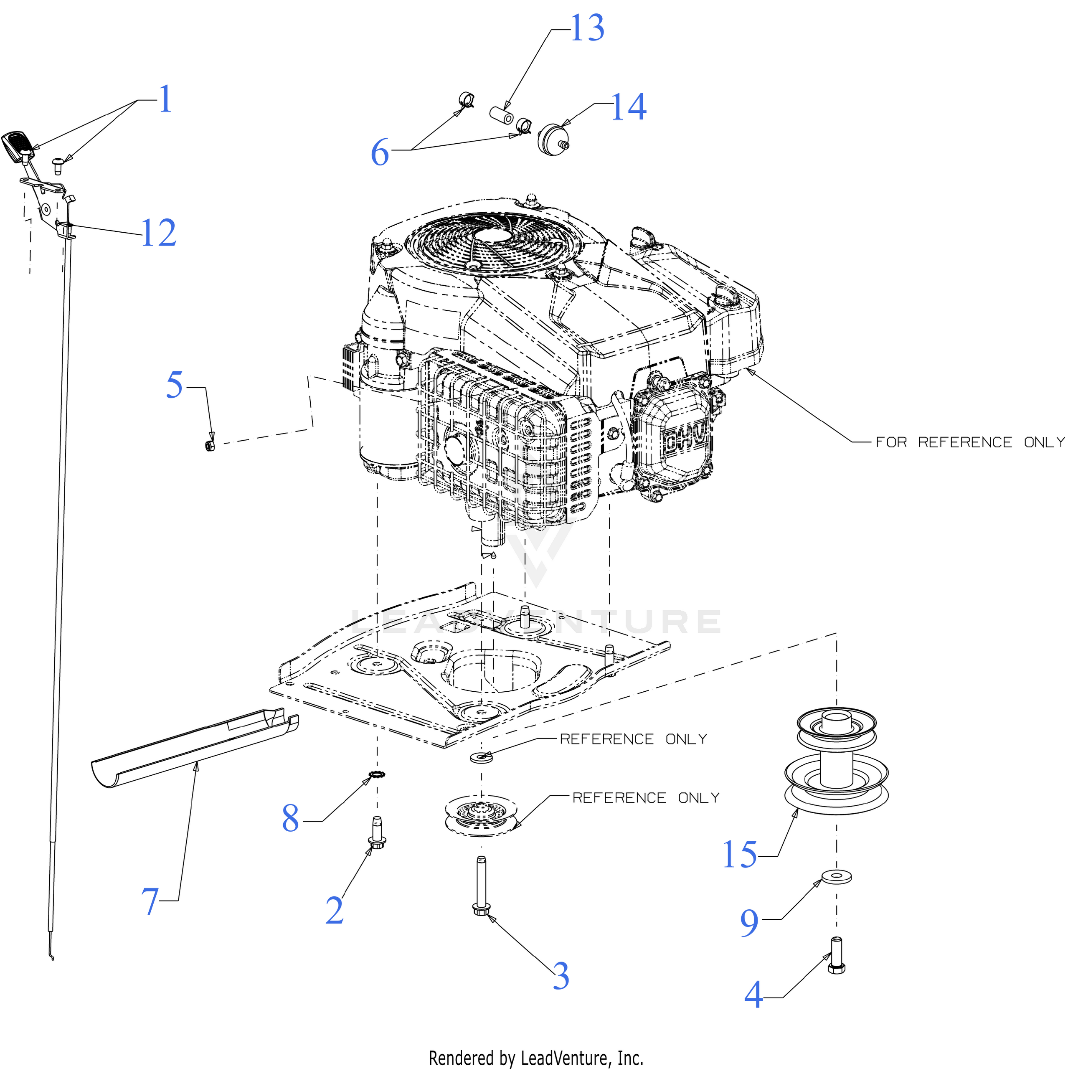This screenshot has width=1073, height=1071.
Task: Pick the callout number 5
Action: [175, 386]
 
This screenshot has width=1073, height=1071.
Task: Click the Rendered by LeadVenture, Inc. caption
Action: [536, 1058]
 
